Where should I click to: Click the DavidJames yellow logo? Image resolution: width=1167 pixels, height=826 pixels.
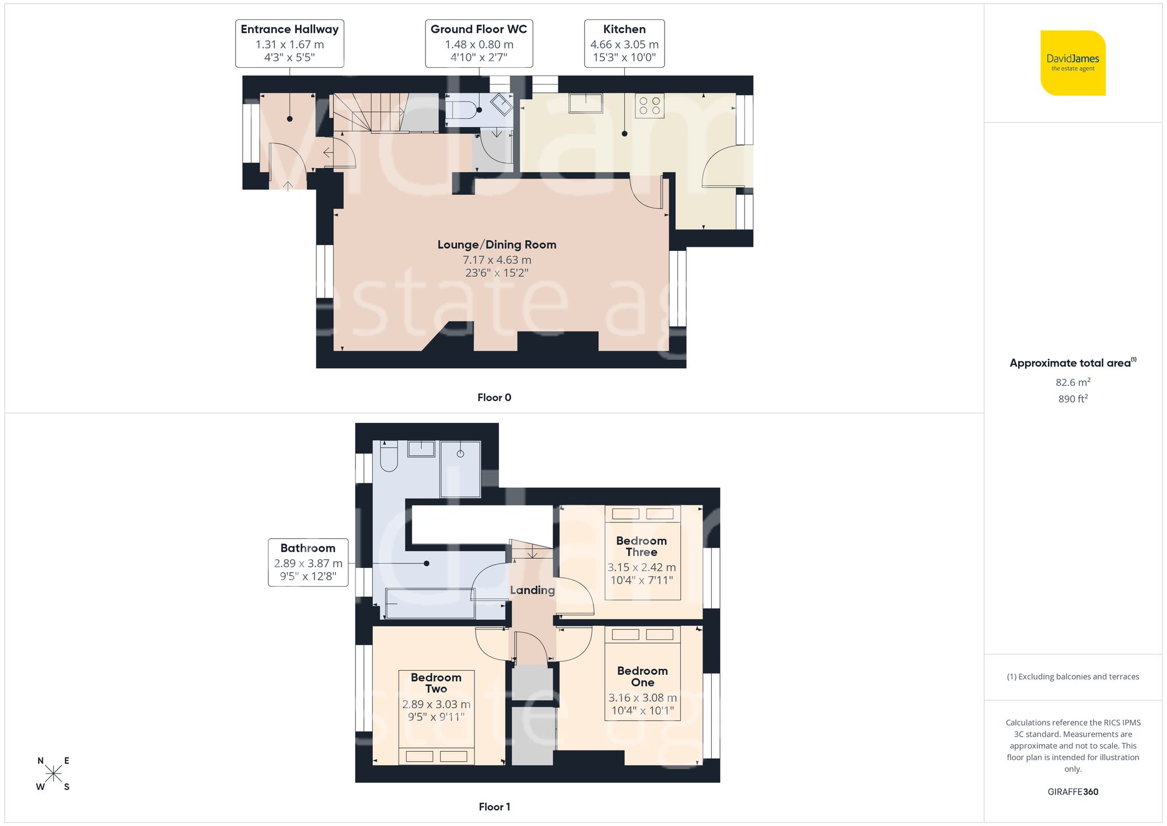coord(1072,63)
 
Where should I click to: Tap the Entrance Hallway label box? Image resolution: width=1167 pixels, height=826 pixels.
coord(289,43)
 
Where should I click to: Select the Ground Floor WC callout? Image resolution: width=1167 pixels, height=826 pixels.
coord(478,43)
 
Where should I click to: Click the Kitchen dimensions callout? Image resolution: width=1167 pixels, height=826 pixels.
coord(624,43)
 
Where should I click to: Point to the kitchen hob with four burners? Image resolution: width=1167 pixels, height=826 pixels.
coord(649,106)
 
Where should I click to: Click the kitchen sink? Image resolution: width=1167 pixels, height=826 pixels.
coord(586,103)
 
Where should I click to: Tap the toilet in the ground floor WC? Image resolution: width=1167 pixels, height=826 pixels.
coord(461,109)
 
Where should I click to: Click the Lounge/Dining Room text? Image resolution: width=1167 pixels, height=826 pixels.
coord(497,245)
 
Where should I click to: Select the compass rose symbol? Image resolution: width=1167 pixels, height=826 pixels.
coord(53,773)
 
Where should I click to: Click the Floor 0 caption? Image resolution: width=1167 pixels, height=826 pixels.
coord(494,398)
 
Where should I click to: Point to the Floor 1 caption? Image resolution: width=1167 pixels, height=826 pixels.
coord(494,807)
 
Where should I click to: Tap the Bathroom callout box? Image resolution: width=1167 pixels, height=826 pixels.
coord(308,562)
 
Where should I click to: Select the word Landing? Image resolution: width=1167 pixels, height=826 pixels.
coord(532,590)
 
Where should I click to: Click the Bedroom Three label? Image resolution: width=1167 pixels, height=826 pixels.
coord(641,546)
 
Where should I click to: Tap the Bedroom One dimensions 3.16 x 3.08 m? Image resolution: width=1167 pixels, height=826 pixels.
coord(642,698)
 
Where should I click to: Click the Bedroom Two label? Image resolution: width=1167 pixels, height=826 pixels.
coord(436,683)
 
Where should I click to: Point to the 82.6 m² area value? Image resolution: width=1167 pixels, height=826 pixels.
coord(1072,382)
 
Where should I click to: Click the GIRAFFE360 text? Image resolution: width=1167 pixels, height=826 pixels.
coord(1072,792)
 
